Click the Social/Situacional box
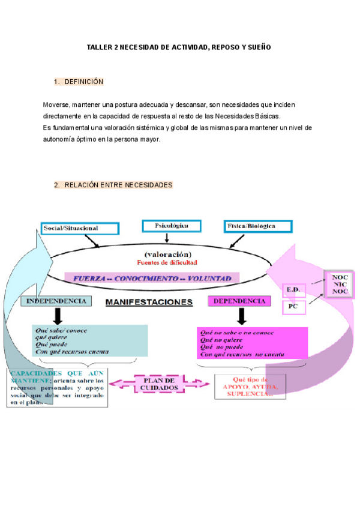pyautogui.click(x=79, y=228)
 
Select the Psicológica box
pyautogui.click(x=172, y=226)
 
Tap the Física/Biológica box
pyautogui.click(x=258, y=226)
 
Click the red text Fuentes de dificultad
pyautogui.click(x=167, y=262)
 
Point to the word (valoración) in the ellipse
pyautogui.click(x=167, y=254)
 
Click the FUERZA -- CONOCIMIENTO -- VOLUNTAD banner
pyautogui.click(x=152, y=279)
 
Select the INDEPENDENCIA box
pyautogui.click(x=56, y=301)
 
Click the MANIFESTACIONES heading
pyautogui.click(x=149, y=302)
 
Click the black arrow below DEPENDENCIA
pyautogui.click(x=241, y=316)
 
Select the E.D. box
pyautogui.click(x=294, y=290)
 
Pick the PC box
pyautogui.click(x=294, y=306)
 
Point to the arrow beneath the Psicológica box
pyautogui.click(x=167, y=238)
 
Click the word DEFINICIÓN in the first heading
pyautogui.click(x=84, y=82)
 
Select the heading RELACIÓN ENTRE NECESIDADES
pyautogui.click(x=118, y=185)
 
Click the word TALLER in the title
pyautogui.click(x=98, y=47)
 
